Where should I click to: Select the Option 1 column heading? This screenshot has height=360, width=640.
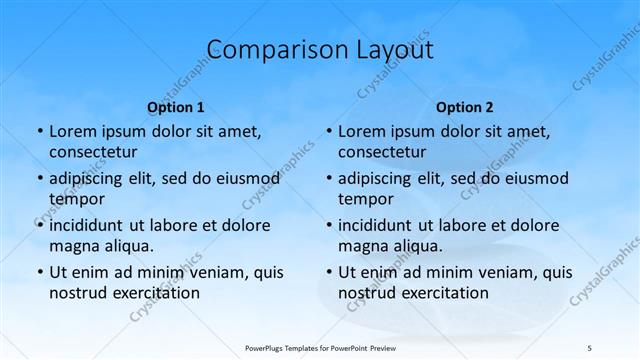coord(176,107)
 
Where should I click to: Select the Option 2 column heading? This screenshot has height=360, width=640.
coord(465,107)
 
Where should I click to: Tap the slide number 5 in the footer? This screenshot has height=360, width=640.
coord(589,347)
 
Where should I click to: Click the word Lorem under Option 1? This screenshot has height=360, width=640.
coord(71,132)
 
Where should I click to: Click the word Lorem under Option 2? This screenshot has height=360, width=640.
coord(360,132)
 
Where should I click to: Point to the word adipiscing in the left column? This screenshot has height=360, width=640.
coord(91,179)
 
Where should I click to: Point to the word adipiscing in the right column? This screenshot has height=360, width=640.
coord(380,179)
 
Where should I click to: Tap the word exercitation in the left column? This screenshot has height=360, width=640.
coord(153,293)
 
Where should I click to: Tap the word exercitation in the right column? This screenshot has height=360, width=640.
coord(442,293)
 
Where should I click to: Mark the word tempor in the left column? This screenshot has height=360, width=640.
coord(77,199)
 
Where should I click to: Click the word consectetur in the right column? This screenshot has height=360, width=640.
coord(381,152)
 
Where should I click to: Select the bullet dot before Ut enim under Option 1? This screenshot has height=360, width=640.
coord(39,272)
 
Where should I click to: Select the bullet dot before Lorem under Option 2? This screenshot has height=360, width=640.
coord(328,132)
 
